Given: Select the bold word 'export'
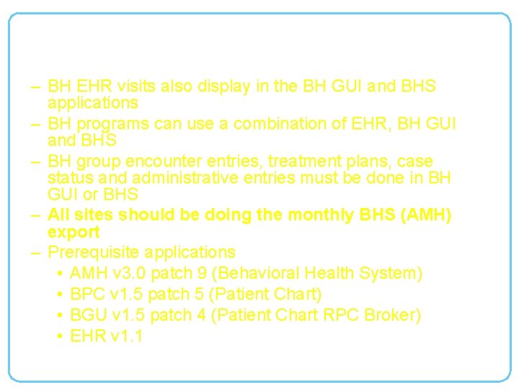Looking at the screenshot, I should pos(74,233).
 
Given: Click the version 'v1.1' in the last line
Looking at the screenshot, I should pos(127,336).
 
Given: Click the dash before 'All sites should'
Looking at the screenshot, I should pos(36,215).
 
